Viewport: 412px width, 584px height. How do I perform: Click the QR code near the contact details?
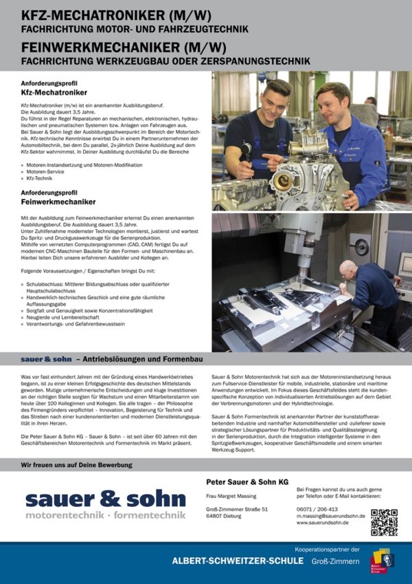pyautogui.click(x=384, y=522)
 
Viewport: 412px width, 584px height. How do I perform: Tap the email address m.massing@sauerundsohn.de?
pyautogui.click(x=330, y=515)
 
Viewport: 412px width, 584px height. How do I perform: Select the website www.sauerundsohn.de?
pyautogui.click(x=322, y=523)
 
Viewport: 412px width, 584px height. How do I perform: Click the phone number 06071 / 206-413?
pyautogui.click(x=317, y=508)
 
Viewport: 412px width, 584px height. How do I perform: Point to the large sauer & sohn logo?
pyautogui.click(x=105, y=504)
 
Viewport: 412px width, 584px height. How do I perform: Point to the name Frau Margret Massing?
pyautogui.click(x=232, y=496)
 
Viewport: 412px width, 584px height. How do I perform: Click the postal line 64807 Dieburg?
pyautogui.click(x=227, y=516)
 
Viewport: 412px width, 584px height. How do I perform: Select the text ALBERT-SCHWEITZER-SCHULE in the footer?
pyautogui.click(x=238, y=561)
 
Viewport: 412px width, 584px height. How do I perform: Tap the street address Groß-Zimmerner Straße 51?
pyautogui.click(x=236, y=509)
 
